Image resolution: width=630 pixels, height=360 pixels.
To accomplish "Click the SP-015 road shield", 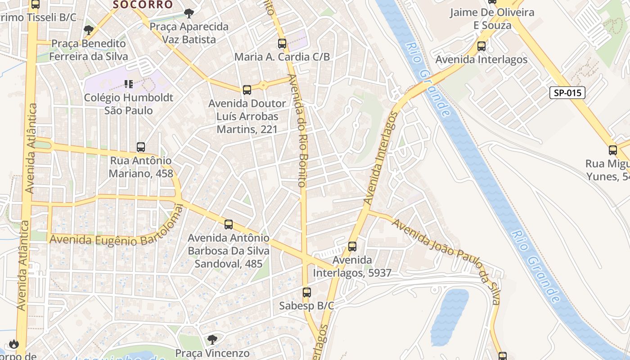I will pyautogui.click(x=567, y=93).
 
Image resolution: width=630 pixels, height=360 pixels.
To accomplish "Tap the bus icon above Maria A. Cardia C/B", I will pyautogui.click(x=282, y=44).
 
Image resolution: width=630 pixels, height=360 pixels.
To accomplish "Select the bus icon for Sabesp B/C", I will pyautogui.click(x=307, y=292).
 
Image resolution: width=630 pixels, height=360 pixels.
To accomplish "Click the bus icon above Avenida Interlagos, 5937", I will pyautogui.click(x=352, y=247).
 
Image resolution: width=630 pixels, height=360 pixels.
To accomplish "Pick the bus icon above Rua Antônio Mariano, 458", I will pyautogui.click(x=141, y=147).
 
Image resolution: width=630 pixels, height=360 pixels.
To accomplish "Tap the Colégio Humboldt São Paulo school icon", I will pyautogui.click(x=129, y=84).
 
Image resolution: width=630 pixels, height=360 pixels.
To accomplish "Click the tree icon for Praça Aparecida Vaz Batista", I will pyautogui.click(x=189, y=13).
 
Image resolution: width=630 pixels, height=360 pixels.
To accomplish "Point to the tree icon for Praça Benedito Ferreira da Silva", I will pyautogui.click(x=89, y=30).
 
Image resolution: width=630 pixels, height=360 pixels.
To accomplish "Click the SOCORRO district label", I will pyautogui.click(x=143, y=5).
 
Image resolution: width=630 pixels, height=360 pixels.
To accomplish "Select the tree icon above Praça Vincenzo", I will pyautogui.click(x=212, y=339).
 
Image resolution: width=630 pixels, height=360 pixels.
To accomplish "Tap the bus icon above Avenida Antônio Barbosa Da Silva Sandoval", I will pyautogui.click(x=229, y=224).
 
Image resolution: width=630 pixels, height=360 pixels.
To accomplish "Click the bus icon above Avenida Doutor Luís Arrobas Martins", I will pyautogui.click(x=247, y=90).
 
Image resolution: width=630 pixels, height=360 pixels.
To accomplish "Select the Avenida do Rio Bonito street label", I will pyautogui.click(x=298, y=130).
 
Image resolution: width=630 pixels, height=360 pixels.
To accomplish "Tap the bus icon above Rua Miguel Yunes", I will pyautogui.click(x=613, y=150).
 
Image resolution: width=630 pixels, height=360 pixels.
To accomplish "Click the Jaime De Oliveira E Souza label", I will pyautogui.click(x=492, y=18).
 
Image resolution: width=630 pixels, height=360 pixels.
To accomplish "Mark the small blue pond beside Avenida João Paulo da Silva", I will pyautogui.click(x=449, y=317).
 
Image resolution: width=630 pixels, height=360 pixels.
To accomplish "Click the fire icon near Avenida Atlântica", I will pyautogui.click(x=13, y=344).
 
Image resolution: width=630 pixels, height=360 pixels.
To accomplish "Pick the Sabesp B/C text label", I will pyautogui.click(x=306, y=306).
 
